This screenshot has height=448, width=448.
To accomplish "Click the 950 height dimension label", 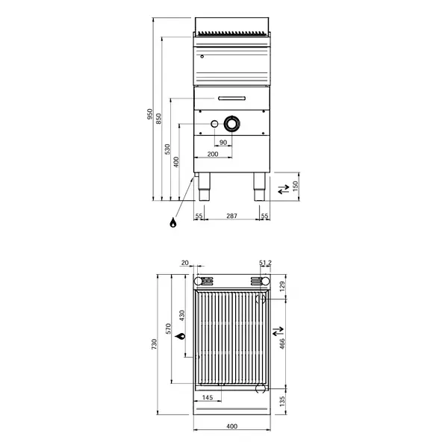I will (x=149, y=114).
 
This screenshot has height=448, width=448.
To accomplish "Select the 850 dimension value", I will (x=158, y=119).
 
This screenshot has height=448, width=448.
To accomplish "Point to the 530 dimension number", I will (x=167, y=149).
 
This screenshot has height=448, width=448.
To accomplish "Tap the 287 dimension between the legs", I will (x=231, y=216).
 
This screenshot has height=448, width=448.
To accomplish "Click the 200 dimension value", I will (x=213, y=154).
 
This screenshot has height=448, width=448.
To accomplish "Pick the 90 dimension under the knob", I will (x=223, y=142).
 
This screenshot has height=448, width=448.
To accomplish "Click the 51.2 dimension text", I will (x=265, y=263).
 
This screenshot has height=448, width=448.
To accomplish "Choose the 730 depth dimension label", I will (x=154, y=344).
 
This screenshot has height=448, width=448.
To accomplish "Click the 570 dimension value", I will (x=168, y=329).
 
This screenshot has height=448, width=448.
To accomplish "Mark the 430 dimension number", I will (x=180, y=316).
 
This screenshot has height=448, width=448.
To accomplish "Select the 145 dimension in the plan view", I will (x=208, y=396).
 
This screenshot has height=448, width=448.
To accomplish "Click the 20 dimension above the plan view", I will (x=185, y=263).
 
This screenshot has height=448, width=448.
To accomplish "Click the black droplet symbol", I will (x=173, y=223).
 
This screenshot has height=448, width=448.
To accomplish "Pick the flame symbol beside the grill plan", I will (x=180, y=338).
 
